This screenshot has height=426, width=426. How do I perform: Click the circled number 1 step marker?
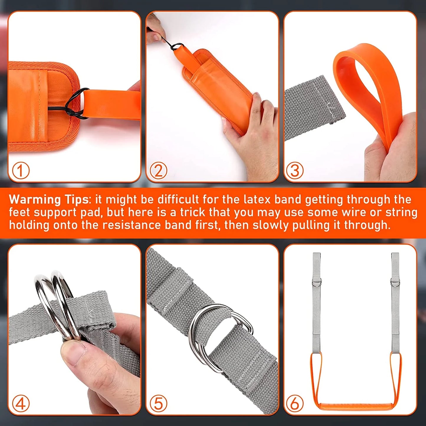pyautogui.click(x=21, y=171)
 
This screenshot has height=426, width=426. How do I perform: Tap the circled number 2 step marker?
pyautogui.click(x=159, y=171)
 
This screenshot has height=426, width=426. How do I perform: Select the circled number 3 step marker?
pyautogui.click(x=295, y=171)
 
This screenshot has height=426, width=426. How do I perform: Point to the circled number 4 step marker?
pyautogui.click(x=21, y=404)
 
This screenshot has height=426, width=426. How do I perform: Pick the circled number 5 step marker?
pyautogui.click(x=159, y=404)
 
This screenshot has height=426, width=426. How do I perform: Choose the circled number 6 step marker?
pyautogui.click(x=295, y=404)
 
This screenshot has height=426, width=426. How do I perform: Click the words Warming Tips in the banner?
pyautogui.click(x=49, y=200)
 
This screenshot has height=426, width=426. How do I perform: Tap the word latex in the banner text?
pyautogui.click(x=257, y=200)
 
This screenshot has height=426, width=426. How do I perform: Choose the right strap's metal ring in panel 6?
pyautogui.click(x=395, y=282)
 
